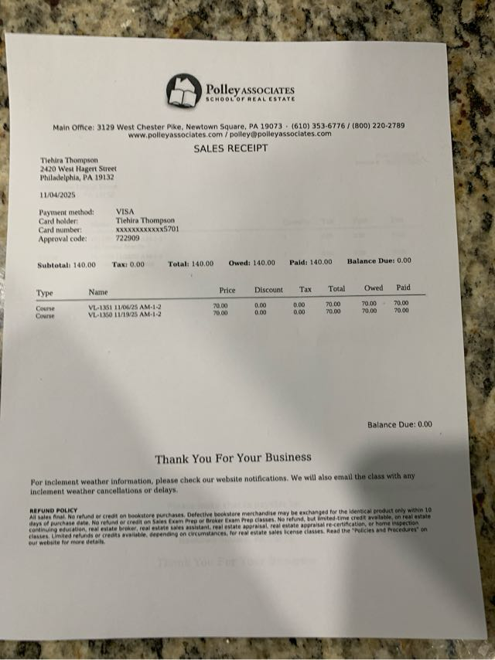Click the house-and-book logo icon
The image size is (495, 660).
tap(183, 90)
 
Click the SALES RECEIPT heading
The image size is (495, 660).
tap(230, 148)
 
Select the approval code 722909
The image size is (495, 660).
tap(128, 238)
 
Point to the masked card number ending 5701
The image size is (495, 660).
tap(147, 230)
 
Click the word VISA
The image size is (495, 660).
tap(125, 211)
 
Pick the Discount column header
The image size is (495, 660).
tap(268, 290)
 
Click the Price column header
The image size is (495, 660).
tap(227, 290)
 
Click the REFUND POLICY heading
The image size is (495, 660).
tap(53, 510)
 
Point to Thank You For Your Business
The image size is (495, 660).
tap(233, 458)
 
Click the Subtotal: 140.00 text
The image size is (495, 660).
tap(67, 265)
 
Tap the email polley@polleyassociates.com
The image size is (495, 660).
tap(280, 134)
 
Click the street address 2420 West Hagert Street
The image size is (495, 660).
tap(78, 168)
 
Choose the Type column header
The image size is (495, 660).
tap(45, 294)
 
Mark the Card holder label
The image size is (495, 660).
tap(58, 221)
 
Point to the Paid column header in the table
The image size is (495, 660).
tap(403, 287)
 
